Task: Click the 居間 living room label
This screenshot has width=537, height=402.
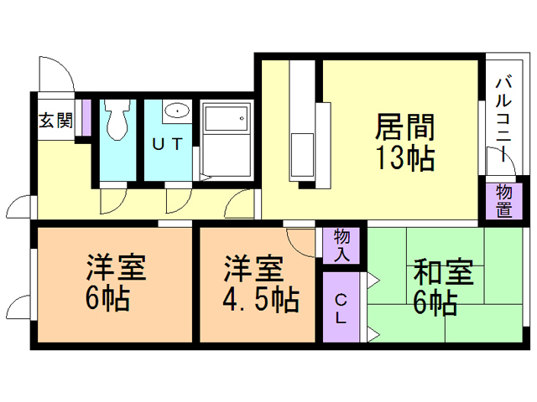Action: pos(404,129)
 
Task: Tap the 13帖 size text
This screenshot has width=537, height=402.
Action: pos(404,157)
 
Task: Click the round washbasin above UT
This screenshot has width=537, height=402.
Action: pos(176,112)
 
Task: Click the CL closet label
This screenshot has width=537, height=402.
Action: pos(341,308)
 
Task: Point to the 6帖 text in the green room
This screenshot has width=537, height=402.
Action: pos(434,302)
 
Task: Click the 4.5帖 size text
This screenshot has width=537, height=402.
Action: pos(259,298)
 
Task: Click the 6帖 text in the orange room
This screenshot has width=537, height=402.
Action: pos(107,298)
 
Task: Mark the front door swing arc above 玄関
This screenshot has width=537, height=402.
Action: pos(54,74)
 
